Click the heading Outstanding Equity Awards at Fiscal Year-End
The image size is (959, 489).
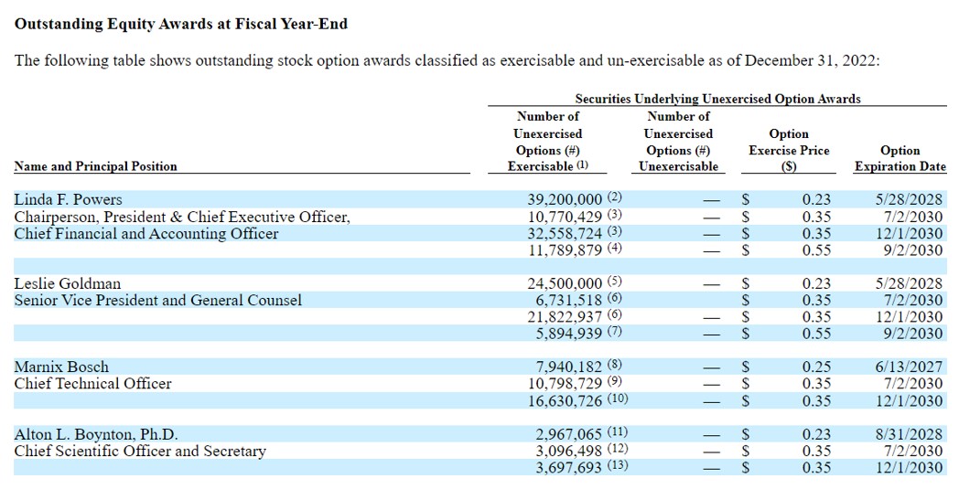click(181, 24)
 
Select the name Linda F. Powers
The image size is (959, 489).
click(68, 199)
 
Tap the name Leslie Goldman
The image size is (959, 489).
click(67, 283)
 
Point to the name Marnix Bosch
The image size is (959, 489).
click(60, 367)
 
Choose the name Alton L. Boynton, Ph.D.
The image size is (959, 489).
click(96, 434)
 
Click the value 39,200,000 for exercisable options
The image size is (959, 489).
click(565, 199)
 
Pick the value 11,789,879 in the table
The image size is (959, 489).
click(565, 250)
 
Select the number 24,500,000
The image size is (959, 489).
click(565, 283)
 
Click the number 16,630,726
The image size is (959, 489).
click(565, 400)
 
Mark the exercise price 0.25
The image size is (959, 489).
click(817, 367)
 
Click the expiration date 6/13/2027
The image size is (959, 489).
click(909, 367)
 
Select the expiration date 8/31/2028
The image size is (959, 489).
click(909, 434)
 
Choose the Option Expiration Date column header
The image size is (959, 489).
click(900, 158)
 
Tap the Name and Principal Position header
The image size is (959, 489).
click(95, 166)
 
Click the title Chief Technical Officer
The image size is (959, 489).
click(92, 384)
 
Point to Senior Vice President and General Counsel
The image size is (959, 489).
click(157, 300)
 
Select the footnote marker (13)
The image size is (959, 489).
click(618, 466)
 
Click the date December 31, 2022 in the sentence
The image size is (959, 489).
click(812, 60)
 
